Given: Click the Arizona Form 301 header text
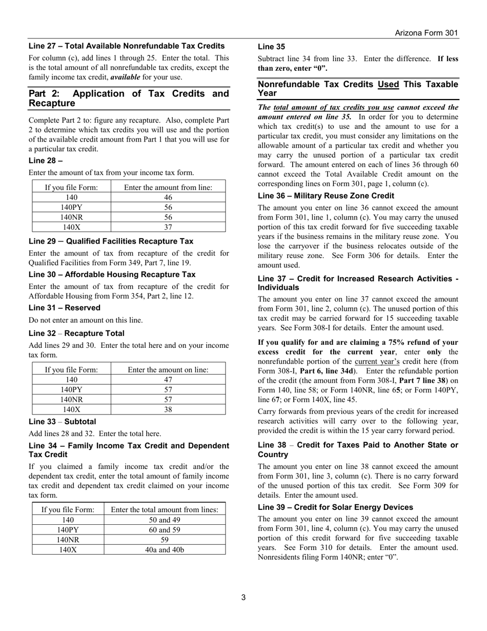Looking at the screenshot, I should click(x=426, y=33).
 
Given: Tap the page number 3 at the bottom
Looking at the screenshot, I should click(x=243, y=597).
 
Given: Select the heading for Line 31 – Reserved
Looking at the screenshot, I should click(x=65, y=308).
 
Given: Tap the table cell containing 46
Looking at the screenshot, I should click(x=168, y=198).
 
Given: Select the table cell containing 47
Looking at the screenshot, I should click(x=168, y=380).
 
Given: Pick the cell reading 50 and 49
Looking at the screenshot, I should click(x=165, y=520).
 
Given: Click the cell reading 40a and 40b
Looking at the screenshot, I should click(x=165, y=550).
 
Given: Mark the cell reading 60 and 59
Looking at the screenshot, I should click(x=165, y=530).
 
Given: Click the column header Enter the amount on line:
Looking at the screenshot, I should click(x=168, y=369).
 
